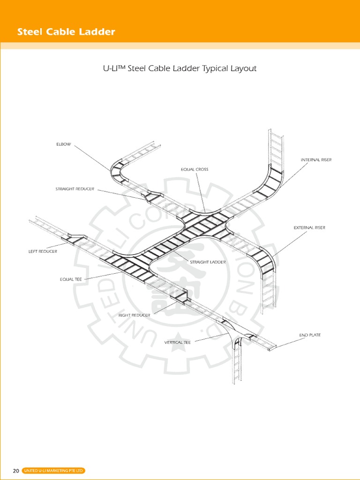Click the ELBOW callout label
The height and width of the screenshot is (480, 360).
tap(64, 144)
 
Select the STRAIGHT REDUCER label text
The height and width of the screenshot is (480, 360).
tap(75, 189)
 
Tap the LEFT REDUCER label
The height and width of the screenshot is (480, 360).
tap(43, 252)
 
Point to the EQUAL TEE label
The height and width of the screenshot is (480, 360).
tap(71, 279)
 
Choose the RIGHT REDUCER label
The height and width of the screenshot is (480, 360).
tap(134, 315)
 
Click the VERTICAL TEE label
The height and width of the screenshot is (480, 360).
tap(177, 343)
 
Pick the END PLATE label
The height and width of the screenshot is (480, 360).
tap(310, 335)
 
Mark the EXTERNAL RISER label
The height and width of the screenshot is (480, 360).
tap(309, 228)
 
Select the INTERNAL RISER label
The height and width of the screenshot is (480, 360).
tap(316, 160)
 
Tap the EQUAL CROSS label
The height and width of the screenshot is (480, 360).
tap(195, 169)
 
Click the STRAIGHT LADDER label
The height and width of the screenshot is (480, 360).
tap(208, 262)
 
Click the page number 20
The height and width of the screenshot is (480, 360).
tap(16, 471)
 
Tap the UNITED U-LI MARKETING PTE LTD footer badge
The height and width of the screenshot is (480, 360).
tap(53, 471)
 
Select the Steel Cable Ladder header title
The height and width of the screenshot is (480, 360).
tap(66, 32)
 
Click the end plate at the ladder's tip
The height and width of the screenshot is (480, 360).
tap(272, 347)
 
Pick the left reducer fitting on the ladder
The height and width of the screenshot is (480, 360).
tap(75, 238)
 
